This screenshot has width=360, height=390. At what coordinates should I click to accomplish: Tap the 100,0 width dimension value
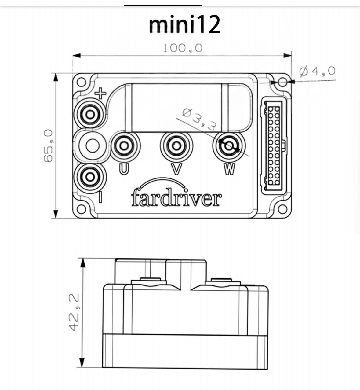point(183,48)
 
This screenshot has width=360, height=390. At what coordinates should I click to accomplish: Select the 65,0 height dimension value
point(49,146)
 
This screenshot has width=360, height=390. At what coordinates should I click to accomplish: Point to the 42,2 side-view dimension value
point(74,312)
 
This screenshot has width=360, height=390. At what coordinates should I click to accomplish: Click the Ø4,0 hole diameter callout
point(318,72)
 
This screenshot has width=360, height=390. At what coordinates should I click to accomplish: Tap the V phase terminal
point(176,146)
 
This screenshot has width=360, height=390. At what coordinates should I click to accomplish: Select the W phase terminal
point(228,146)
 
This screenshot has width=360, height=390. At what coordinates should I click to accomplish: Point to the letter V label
point(176,169)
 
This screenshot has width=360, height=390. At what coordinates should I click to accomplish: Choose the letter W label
point(230,169)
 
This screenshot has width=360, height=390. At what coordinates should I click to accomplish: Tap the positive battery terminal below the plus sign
point(90,114)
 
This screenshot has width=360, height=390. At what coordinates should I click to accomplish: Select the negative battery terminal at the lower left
point(90,176)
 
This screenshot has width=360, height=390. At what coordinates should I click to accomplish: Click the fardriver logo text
point(176,199)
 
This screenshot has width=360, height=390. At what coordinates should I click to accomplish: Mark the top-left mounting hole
point(81,82)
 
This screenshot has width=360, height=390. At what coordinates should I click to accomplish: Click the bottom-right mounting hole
point(283,209)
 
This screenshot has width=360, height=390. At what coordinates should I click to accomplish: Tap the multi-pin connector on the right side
point(274,146)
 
